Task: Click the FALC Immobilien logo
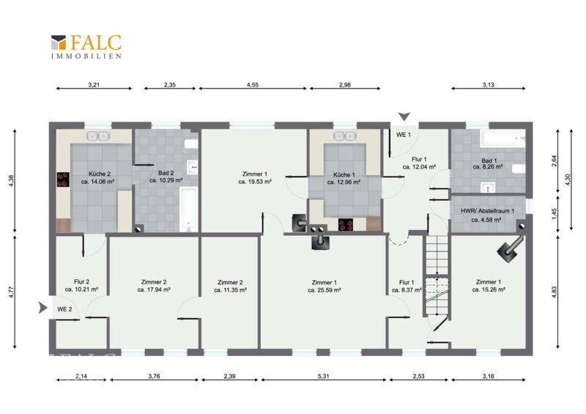tap(86, 47)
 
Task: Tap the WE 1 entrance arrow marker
tap(404, 117)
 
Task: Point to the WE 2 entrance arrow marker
tap(43, 308)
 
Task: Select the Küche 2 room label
tap(98, 177)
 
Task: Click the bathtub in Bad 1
tap(503, 138)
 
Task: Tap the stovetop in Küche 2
tap(63, 179)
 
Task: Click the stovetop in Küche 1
tap(345, 225)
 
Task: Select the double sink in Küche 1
tap(344, 136)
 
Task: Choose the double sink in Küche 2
tap(98, 136)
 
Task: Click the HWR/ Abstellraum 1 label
tap(487, 215)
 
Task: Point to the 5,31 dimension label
tap(324, 376)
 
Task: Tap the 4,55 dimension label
tap(253, 85)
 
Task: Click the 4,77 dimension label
tap(12, 292)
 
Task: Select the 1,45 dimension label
tap(555, 214)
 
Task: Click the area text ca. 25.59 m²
tap(324, 290)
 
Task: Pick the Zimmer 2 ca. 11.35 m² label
tap(230, 286)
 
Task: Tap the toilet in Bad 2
tap(191, 144)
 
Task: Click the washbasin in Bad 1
tap(487, 187)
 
